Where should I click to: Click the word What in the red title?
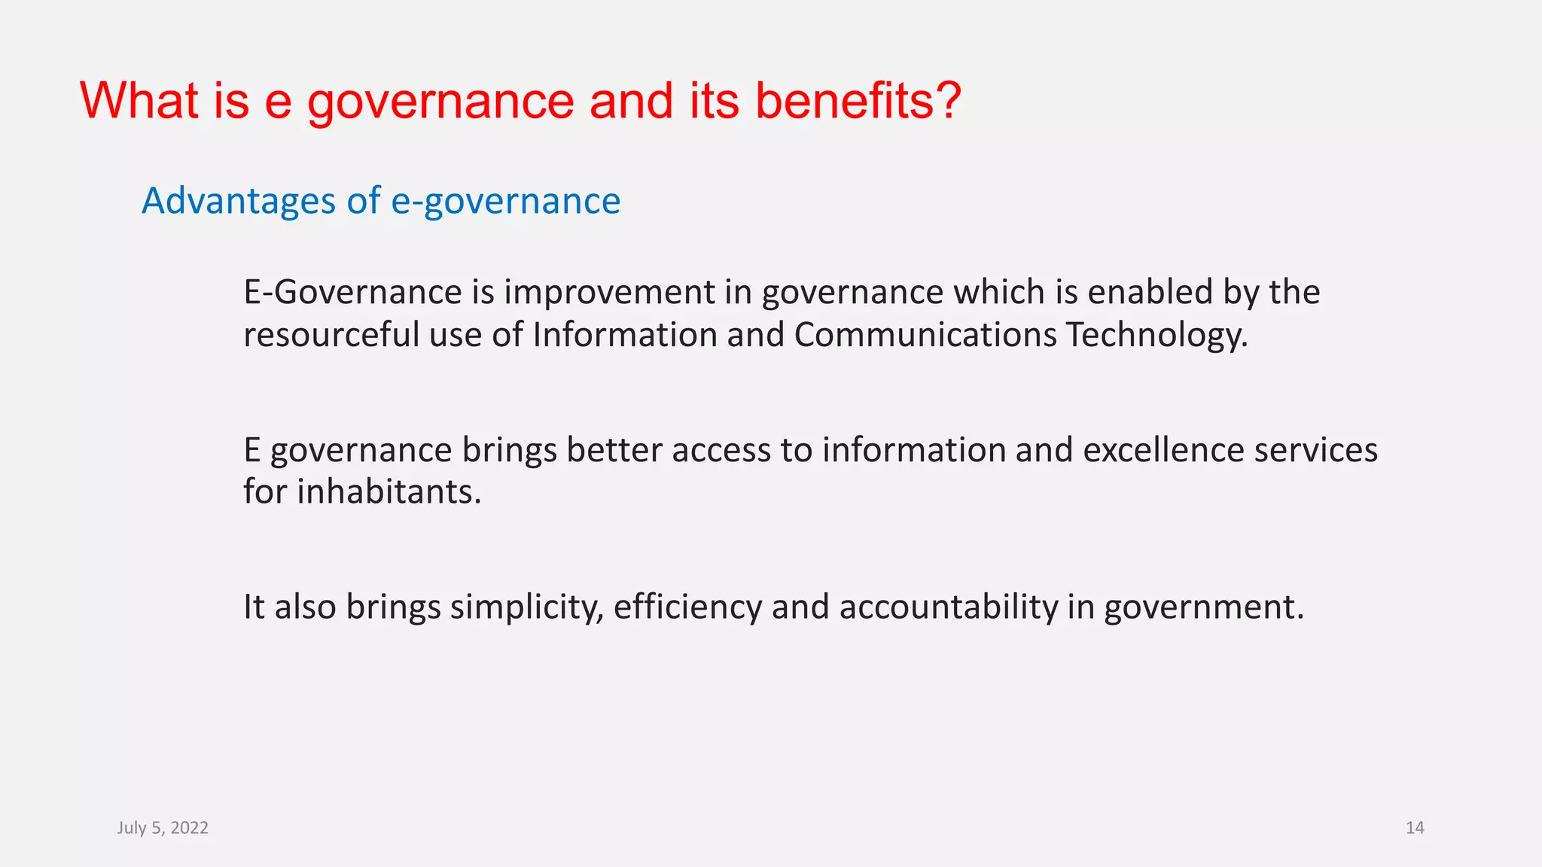[x=139, y=100]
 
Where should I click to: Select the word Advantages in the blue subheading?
[x=239, y=201]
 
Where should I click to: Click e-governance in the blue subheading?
[x=505, y=202]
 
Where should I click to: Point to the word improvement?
[x=609, y=292]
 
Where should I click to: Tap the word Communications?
[x=925, y=334]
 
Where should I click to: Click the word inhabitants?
[x=389, y=491]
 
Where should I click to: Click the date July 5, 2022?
[x=163, y=828]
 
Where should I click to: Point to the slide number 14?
[x=1415, y=828]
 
